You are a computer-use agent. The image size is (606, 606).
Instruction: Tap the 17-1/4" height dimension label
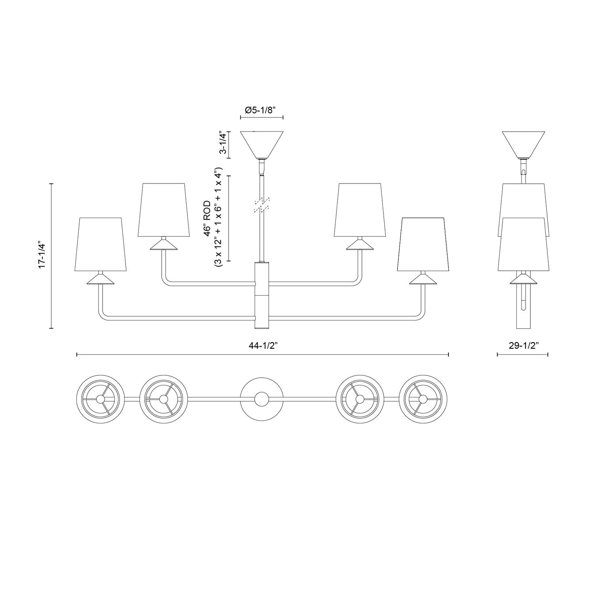[43, 255]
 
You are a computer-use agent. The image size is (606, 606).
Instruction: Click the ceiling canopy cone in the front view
[262, 143]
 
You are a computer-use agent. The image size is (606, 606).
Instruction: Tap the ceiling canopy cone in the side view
[524, 143]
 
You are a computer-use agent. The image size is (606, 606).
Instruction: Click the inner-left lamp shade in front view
[162, 210]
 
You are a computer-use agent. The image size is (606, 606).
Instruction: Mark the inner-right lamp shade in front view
[358, 210]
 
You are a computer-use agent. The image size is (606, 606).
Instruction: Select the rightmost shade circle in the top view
[423, 399]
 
